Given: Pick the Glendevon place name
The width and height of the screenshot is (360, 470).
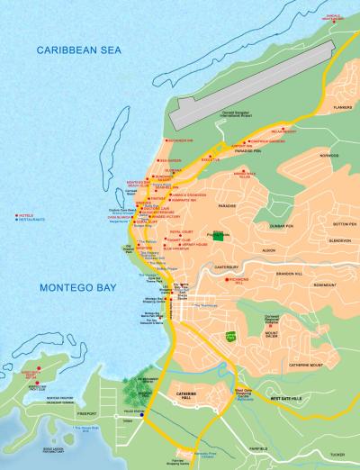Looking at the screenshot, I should point(339,240).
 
